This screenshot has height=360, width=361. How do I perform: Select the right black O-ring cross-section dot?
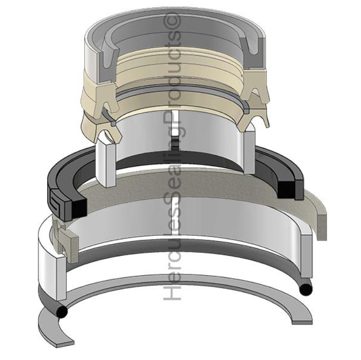point(305,289)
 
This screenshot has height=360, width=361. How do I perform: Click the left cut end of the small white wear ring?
point(106,163)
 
